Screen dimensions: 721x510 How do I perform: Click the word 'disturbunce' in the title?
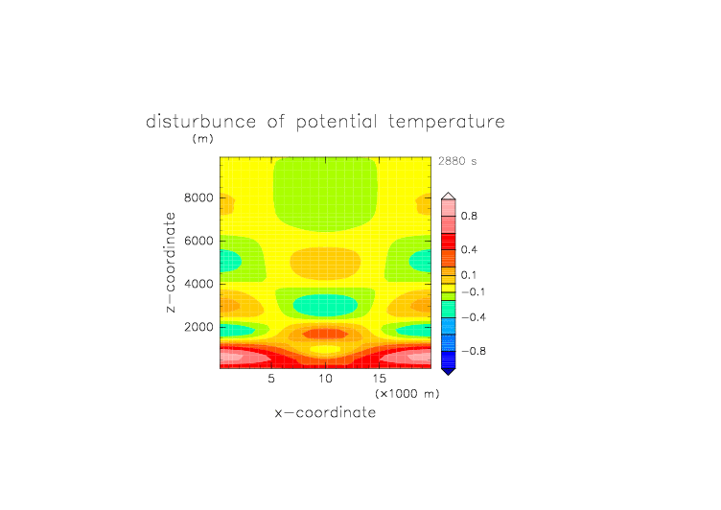201,122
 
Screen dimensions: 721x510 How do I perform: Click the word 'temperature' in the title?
447,122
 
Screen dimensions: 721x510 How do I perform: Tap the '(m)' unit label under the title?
203,138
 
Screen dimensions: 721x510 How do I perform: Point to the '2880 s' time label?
457,161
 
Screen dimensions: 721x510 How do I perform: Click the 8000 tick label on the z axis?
198,197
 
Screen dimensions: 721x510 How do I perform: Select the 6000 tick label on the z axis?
198,241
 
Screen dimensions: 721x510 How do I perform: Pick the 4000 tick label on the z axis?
198,284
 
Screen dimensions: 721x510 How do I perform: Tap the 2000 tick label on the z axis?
198,327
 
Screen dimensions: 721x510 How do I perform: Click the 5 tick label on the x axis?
271,379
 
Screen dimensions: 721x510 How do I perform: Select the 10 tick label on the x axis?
325,379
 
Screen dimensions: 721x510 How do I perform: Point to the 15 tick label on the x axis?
380,379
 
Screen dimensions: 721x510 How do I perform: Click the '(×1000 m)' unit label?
407,394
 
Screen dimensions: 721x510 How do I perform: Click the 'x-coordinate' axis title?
325,412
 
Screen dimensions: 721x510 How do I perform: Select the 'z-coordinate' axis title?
171,263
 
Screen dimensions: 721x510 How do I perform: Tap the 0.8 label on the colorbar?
469,216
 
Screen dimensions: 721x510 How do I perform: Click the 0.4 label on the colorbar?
469,249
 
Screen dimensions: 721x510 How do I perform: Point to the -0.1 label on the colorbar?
474,292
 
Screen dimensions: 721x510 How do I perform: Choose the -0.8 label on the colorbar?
474,351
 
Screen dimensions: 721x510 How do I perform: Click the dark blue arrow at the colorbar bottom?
449,371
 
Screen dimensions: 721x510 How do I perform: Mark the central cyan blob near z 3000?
325,306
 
